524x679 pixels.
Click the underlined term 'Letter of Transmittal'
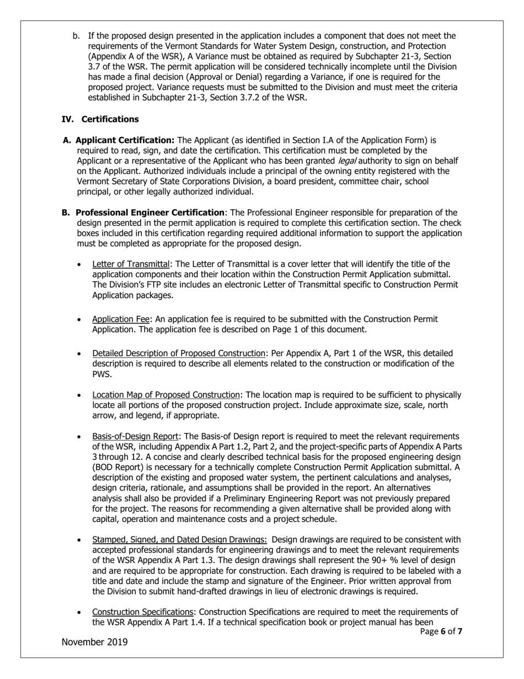click(131, 263)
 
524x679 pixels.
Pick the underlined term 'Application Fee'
click(121, 319)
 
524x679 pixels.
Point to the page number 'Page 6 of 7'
click(441, 632)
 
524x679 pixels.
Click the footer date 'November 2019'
click(94, 642)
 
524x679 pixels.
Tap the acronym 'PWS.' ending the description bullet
click(102, 374)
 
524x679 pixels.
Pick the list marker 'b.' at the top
click(77, 36)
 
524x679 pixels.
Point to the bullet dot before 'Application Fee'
click(81, 320)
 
